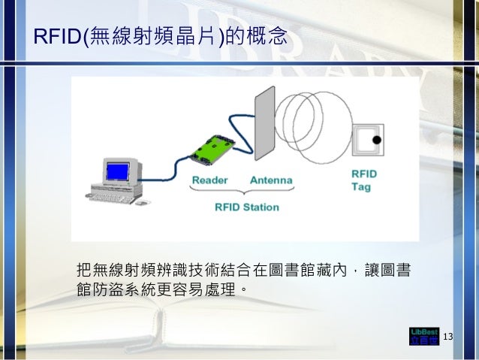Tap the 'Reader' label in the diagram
(210, 181)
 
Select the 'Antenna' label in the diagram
(271, 181)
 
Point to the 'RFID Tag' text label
(365, 180)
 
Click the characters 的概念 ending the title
(257, 37)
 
